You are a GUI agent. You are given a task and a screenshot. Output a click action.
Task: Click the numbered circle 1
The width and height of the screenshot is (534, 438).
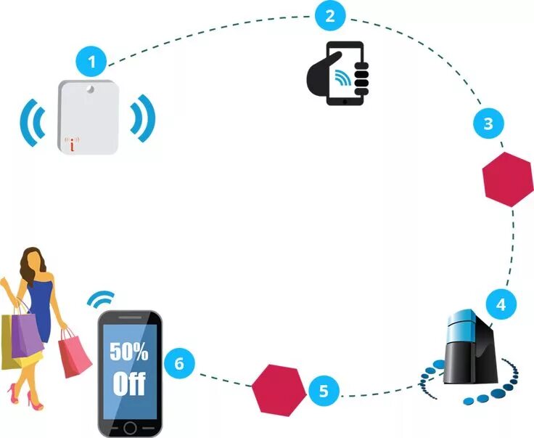coord(91,62)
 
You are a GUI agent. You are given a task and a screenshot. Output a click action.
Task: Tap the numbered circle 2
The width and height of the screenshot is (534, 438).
coord(330,16)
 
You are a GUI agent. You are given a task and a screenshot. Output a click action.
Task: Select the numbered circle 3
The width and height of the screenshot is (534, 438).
coord(488,123)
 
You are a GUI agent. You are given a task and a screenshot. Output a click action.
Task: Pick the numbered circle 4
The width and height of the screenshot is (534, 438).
coord(500,304)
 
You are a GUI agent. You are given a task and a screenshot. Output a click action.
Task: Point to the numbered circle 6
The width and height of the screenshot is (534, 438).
coord(180,361)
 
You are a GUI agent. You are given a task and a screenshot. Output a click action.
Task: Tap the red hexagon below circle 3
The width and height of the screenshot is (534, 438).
coord(509,179)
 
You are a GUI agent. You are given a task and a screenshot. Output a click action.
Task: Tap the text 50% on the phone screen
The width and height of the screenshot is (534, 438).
coord(128,352)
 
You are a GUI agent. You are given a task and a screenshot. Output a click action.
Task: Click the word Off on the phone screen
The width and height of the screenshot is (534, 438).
coord(129,383)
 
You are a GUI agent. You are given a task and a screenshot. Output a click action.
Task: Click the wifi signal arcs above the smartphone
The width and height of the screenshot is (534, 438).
coord(101,299)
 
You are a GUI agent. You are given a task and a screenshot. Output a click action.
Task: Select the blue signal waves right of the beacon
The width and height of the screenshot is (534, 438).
coord(143,118)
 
